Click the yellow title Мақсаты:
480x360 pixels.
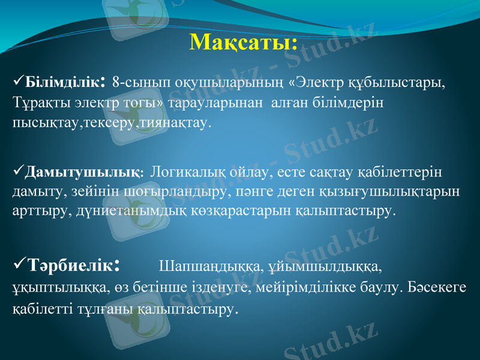click(x=243, y=43)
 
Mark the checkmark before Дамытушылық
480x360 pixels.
click(x=17, y=172)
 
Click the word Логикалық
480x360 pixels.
click(x=187, y=173)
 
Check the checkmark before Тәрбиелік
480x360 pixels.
click(x=18, y=264)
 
